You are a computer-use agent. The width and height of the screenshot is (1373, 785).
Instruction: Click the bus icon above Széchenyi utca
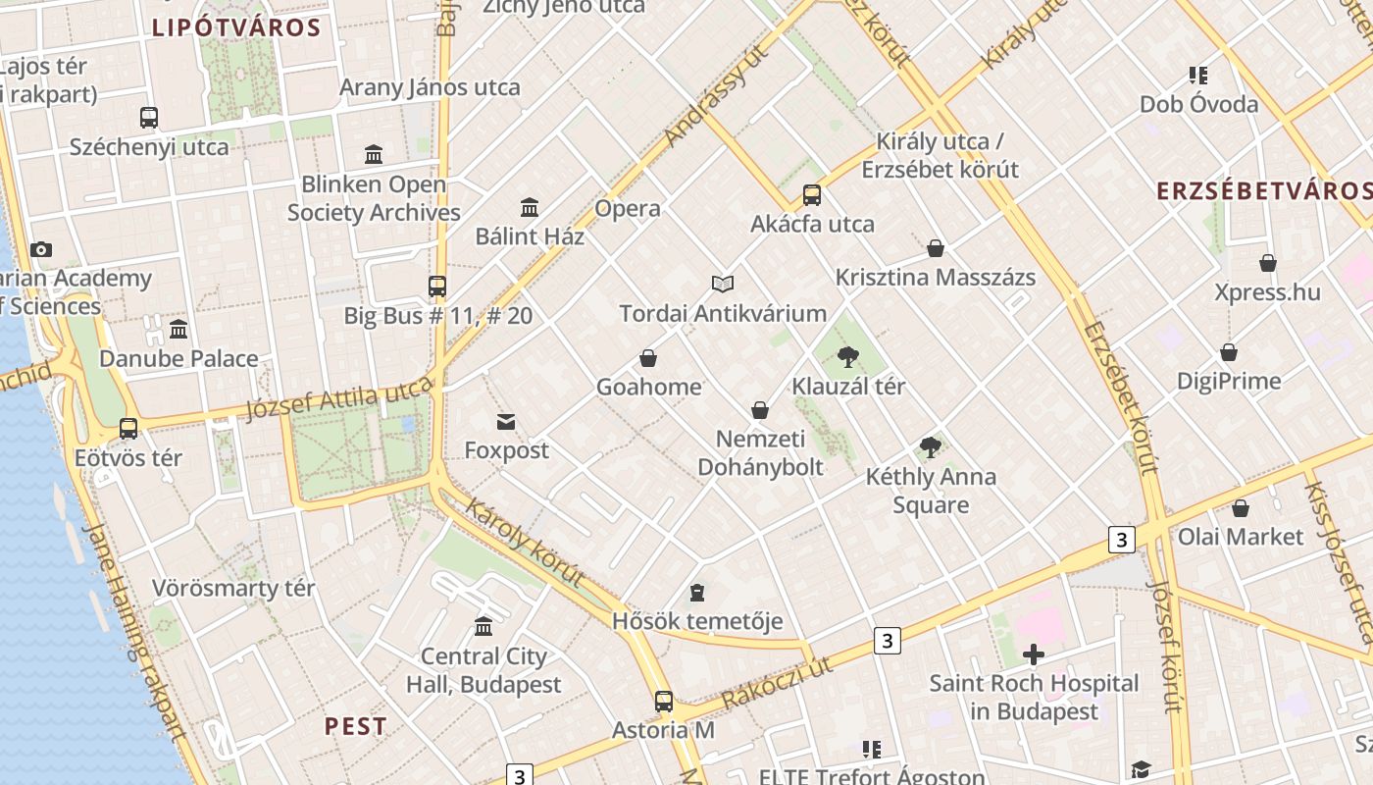coord(149,118)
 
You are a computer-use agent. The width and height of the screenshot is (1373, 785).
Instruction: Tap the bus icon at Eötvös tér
coord(128,429)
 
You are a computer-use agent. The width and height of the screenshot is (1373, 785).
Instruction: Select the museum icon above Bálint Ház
coord(530,207)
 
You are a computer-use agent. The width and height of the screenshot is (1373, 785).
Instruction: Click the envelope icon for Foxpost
coord(506,422)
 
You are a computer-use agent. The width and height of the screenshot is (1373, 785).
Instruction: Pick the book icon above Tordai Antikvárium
coord(723,285)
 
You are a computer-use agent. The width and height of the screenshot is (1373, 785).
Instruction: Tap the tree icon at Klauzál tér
coord(848,357)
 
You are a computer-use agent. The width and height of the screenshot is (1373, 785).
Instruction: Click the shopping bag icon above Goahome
coord(647,358)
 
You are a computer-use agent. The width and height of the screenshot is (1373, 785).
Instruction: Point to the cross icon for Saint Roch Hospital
coord(1033,654)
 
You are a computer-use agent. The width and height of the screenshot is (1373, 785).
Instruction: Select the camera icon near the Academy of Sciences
coord(41,250)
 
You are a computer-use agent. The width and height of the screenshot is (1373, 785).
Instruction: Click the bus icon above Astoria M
coord(664,702)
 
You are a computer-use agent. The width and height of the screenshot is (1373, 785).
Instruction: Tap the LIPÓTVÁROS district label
coord(236,27)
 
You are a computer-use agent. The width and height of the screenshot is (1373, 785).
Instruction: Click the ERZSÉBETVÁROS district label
coord(1263,190)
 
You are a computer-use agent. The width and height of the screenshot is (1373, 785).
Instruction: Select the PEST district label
coord(355,727)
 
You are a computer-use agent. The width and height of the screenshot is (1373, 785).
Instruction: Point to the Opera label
coord(628,209)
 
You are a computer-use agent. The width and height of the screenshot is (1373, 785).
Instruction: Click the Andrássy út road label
coord(713,96)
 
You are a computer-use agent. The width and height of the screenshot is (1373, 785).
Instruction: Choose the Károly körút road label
coord(525,543)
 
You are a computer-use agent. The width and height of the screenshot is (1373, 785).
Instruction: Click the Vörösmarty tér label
coord(233,589)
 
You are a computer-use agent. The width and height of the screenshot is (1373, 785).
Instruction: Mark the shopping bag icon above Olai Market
coord(1241,508)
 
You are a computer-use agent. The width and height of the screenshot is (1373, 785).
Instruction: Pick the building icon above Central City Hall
coord(483,626)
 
